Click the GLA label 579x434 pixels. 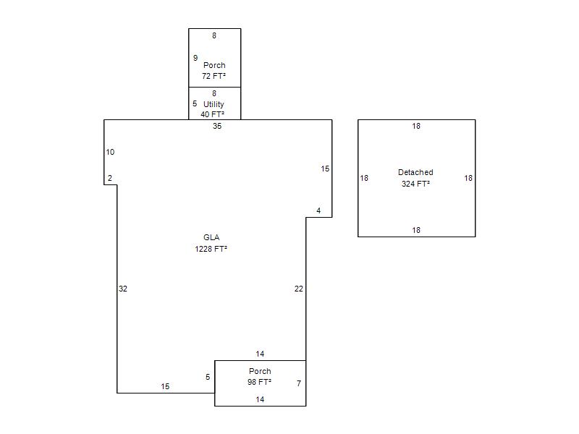211,237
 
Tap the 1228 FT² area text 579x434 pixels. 211,249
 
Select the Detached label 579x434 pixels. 415,172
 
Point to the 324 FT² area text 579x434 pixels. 415,184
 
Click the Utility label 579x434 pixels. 214,104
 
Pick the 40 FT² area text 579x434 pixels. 212,114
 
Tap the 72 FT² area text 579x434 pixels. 214,76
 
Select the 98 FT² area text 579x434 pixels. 259,382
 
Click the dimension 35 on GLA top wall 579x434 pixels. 217,126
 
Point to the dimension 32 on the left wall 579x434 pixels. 123,289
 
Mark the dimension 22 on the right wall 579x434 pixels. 299,289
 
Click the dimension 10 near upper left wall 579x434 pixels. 110,152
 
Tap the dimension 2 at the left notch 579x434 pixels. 110,178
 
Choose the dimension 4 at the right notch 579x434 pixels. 318,210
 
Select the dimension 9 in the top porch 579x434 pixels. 195,58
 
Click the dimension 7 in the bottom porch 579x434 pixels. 299,383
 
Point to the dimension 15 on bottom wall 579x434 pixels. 165,386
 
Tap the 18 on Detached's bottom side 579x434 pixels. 416,230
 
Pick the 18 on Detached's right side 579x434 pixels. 468,178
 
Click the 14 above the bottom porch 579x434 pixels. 260,354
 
